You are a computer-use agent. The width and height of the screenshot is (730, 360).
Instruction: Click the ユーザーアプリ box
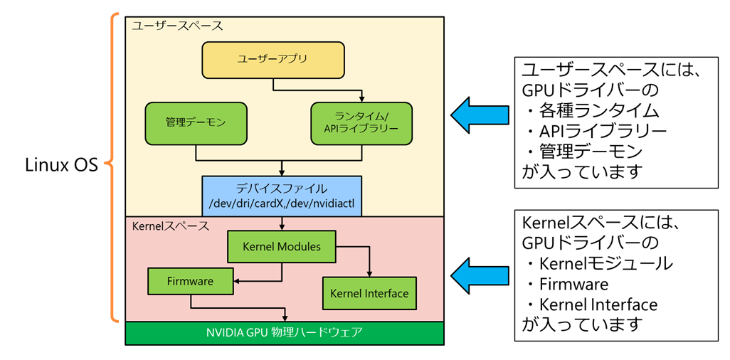point(273,59)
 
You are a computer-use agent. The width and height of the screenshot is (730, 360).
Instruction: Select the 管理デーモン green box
point(196,123)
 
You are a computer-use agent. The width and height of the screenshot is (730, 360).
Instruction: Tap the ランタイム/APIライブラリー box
point(361,123)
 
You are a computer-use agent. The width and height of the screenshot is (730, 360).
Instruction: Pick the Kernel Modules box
point(281,247)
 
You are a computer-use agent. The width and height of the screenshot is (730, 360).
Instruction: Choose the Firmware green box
point(190,281)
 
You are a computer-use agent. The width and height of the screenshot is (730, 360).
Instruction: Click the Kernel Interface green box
point(369,293)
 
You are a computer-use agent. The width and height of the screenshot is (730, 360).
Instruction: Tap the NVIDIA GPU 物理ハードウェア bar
point(284,332)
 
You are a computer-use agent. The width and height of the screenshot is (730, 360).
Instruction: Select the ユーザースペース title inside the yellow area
point(177,26)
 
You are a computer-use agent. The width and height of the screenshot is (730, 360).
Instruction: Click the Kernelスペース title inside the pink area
point(171,226)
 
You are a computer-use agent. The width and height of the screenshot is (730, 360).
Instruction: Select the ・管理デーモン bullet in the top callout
point(583,152)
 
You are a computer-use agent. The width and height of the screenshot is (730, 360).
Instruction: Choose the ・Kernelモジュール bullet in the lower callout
point(598,263)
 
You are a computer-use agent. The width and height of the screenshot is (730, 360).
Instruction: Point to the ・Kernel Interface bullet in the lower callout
point(590,305)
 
